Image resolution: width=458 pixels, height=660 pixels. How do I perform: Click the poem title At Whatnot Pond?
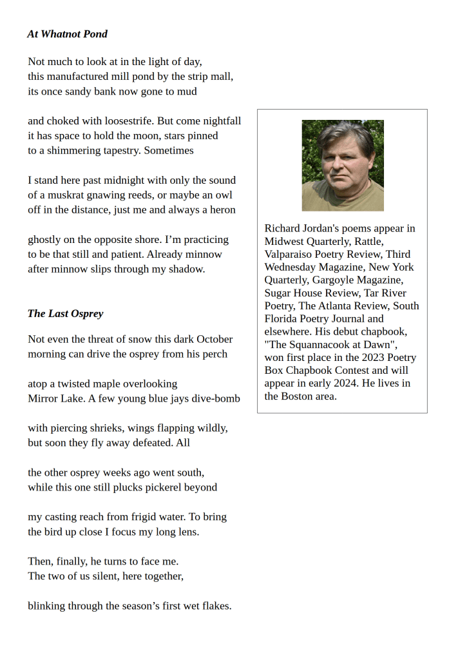67,34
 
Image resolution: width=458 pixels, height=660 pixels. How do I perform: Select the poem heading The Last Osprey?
65,313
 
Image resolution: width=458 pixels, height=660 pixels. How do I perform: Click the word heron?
222,209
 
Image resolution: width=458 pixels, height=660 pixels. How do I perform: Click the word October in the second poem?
215,339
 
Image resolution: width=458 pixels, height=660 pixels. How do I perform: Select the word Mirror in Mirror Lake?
44,398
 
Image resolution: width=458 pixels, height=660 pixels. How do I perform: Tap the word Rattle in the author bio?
369,241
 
